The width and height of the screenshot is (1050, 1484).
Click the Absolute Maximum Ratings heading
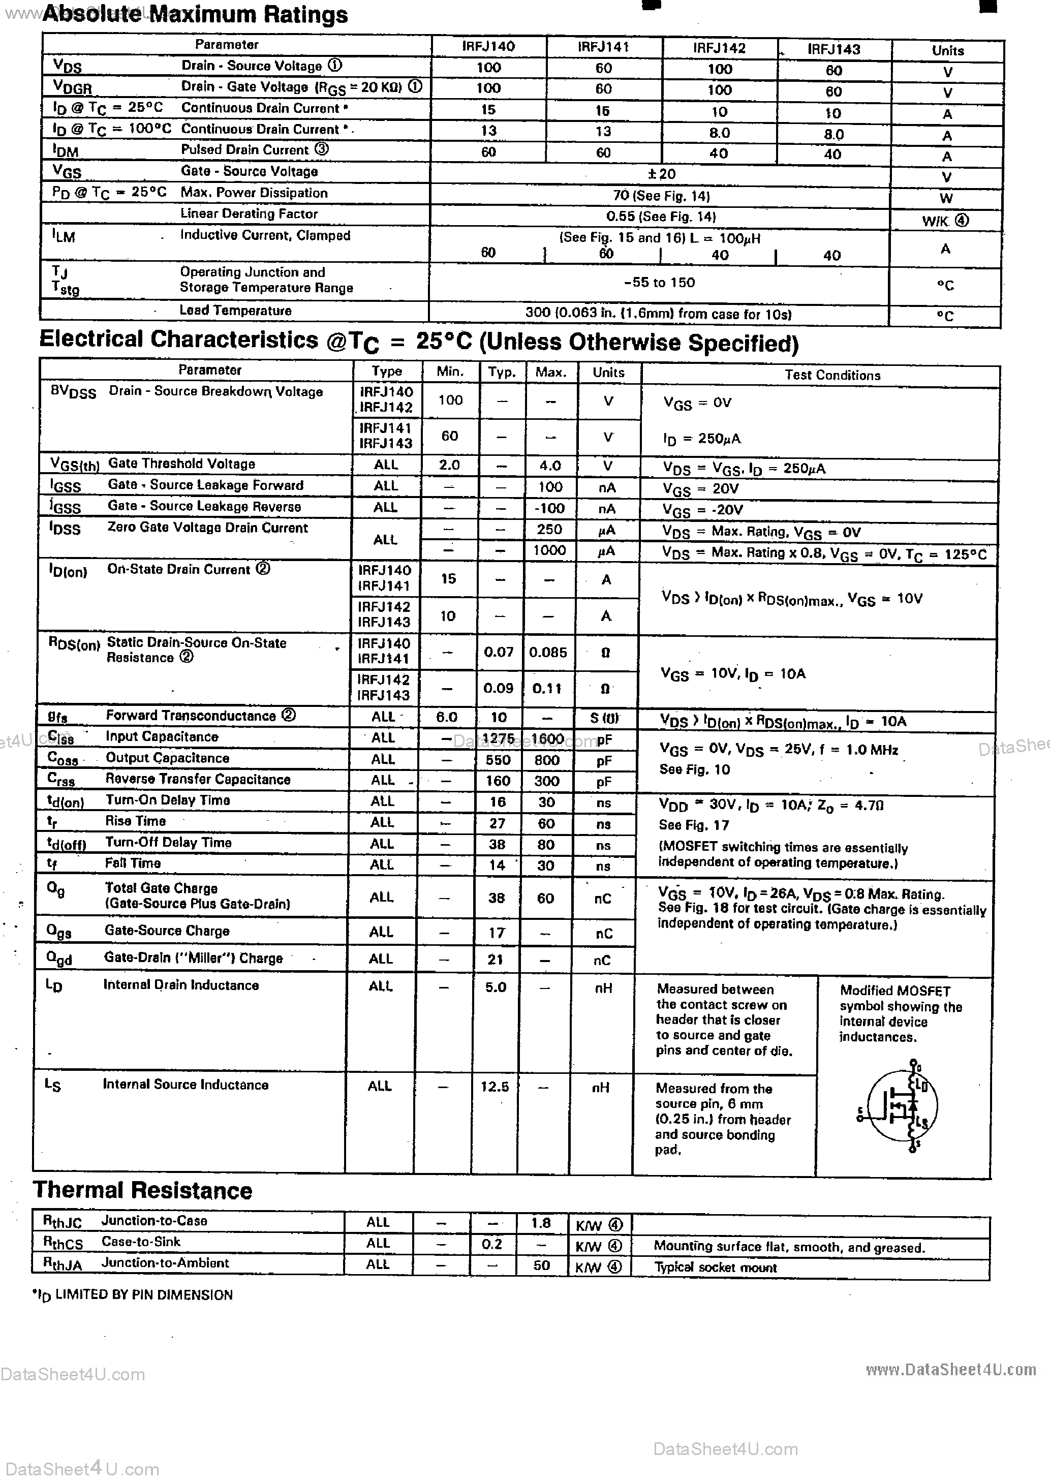point(195,14)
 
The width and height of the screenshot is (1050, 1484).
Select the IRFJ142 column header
point(719,48)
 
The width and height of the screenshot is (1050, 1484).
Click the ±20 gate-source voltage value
point(661,174)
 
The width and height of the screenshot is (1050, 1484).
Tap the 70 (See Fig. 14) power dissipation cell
point(661,196)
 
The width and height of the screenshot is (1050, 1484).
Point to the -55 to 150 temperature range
point(660,283)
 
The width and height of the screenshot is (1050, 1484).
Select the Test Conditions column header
point(832,375)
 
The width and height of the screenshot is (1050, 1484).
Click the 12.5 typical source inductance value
point(495,1087)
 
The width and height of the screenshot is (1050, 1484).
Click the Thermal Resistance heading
point(142,1191)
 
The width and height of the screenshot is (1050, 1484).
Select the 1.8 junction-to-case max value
point(541,1223)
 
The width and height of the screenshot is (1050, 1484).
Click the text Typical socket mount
point(715,1267)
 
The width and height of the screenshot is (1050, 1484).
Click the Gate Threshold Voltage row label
point(181,463)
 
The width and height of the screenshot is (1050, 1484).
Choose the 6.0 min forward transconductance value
point(446,717)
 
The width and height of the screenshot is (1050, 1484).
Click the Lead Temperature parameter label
point(235,310)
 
